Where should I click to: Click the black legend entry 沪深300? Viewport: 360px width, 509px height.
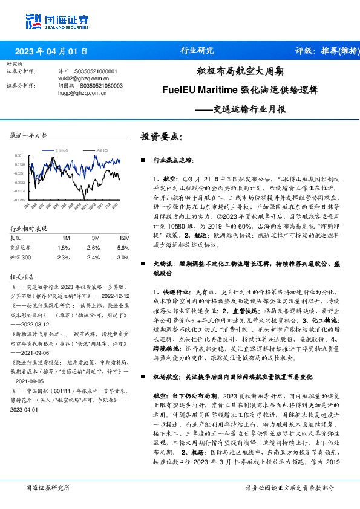pyautogui.click(x=101, y=149)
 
